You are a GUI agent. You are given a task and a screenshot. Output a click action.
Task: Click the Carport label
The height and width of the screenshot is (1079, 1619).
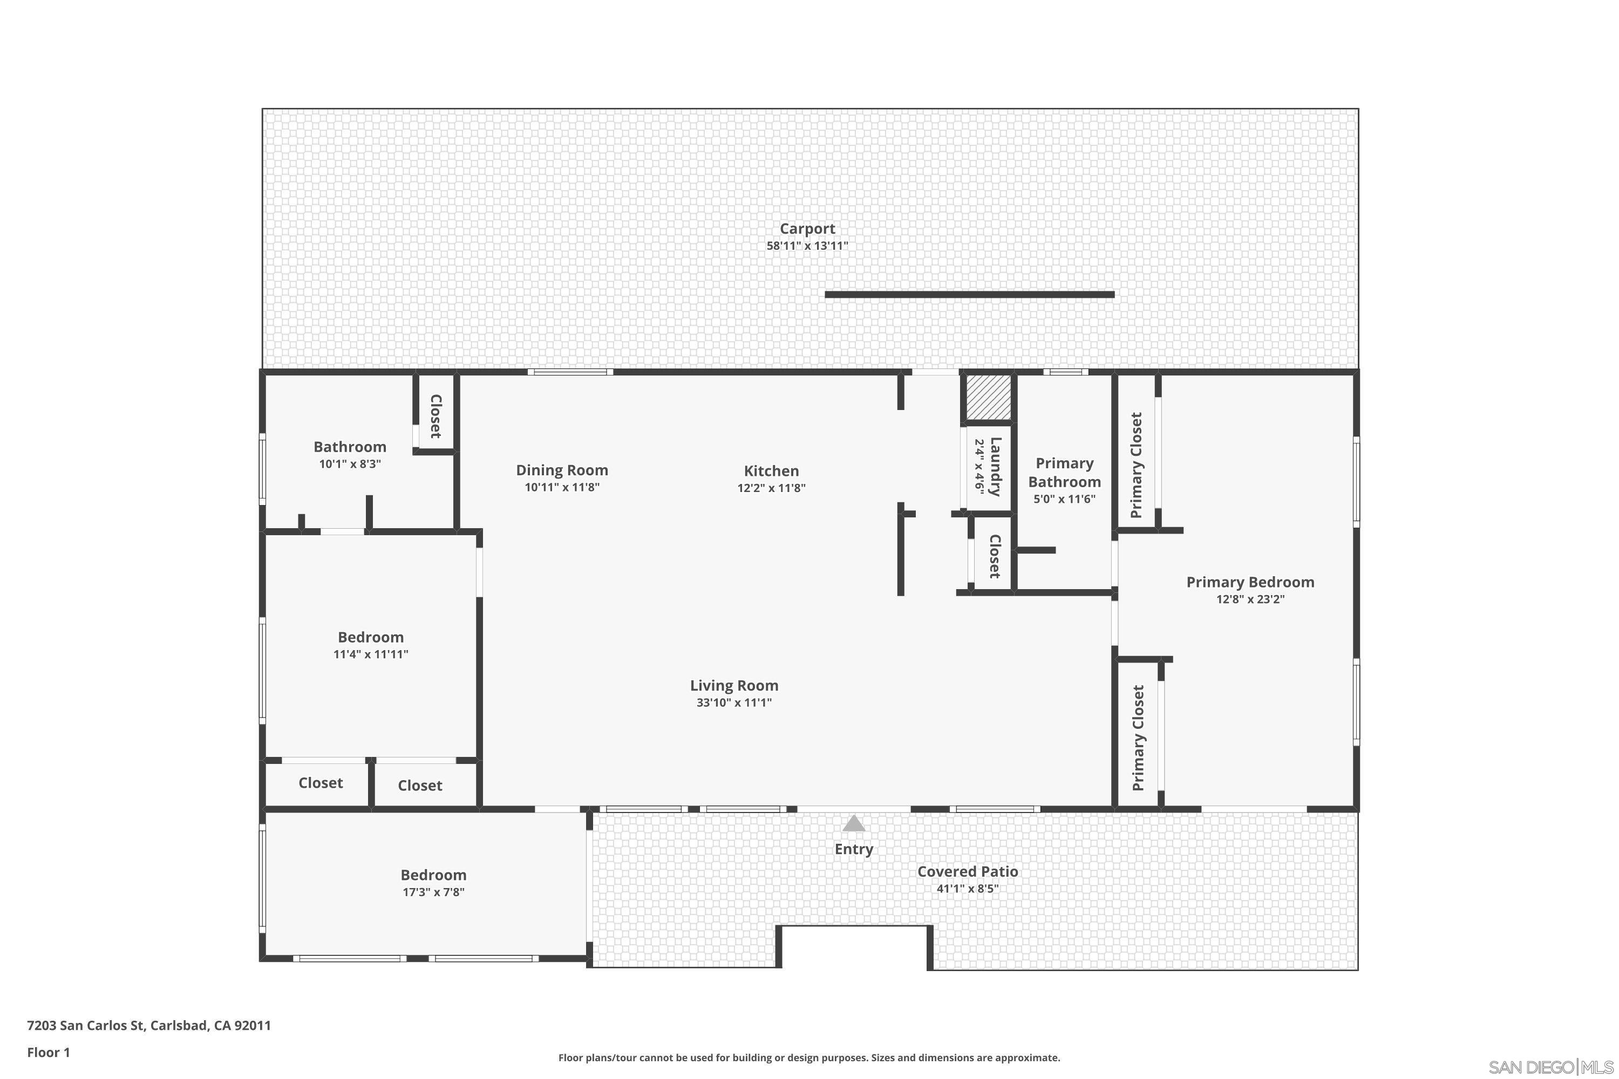coord(807,228)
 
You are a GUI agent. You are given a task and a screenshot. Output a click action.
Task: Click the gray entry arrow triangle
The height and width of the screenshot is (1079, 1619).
coord(854,824)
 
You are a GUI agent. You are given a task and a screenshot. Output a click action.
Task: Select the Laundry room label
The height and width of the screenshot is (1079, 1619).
coord(995,467)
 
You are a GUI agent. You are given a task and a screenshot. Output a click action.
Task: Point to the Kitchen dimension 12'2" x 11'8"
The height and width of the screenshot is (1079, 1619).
coord(771,488)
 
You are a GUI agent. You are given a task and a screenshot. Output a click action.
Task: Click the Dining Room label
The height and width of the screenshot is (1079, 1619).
coord(562,470)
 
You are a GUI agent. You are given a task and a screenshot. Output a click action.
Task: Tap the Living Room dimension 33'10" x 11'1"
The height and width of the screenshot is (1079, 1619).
coord(734,702)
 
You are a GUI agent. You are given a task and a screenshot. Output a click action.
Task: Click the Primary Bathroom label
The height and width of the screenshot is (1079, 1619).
coord(1064,472)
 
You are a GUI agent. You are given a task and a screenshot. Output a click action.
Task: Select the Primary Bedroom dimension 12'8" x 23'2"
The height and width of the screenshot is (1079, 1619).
coord(1250,599)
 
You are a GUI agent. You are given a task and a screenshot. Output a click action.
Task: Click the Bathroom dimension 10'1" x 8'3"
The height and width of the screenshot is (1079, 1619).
coord(350,464)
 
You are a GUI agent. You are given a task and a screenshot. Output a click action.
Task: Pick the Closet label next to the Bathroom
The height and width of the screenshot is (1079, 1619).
coord(435,416)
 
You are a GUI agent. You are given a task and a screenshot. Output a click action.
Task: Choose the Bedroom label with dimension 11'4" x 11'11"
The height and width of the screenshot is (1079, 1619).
coord(370,637)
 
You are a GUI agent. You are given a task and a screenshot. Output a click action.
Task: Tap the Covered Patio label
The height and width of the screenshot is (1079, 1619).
coord(967,871)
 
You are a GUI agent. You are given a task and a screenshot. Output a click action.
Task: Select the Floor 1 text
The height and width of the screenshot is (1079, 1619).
coord(48,1052)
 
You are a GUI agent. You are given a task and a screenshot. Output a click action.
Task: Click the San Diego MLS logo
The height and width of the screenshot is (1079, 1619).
coord(1552,1067)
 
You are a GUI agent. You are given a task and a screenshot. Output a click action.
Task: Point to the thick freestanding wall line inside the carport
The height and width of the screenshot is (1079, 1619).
coord(969,295)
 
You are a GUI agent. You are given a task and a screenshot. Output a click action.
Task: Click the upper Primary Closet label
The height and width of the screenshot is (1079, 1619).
coord(1137,465)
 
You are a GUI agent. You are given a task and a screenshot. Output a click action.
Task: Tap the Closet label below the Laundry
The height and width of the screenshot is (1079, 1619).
coord(994,556)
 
